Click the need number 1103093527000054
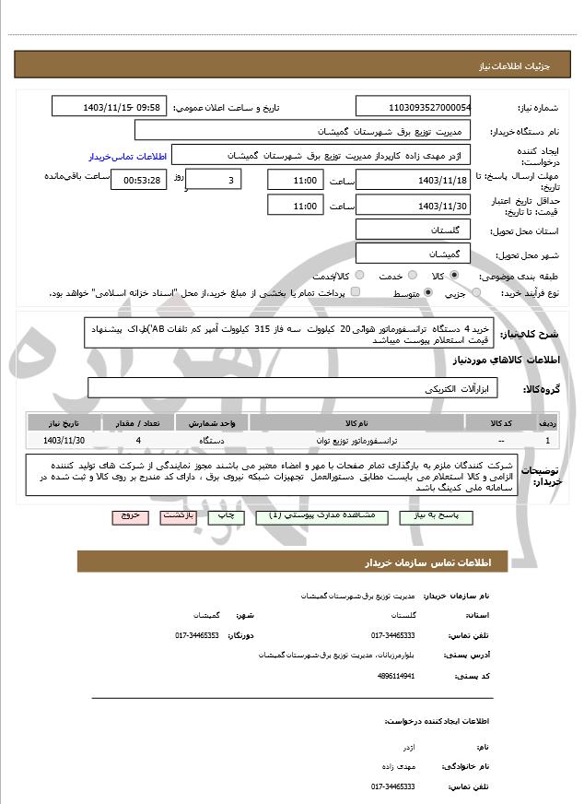[414, 107]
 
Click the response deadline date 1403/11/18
[414, 180]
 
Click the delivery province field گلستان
[414, 229]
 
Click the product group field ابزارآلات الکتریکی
[293, 389]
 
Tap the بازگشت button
[177, 516]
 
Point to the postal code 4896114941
[396, 676]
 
